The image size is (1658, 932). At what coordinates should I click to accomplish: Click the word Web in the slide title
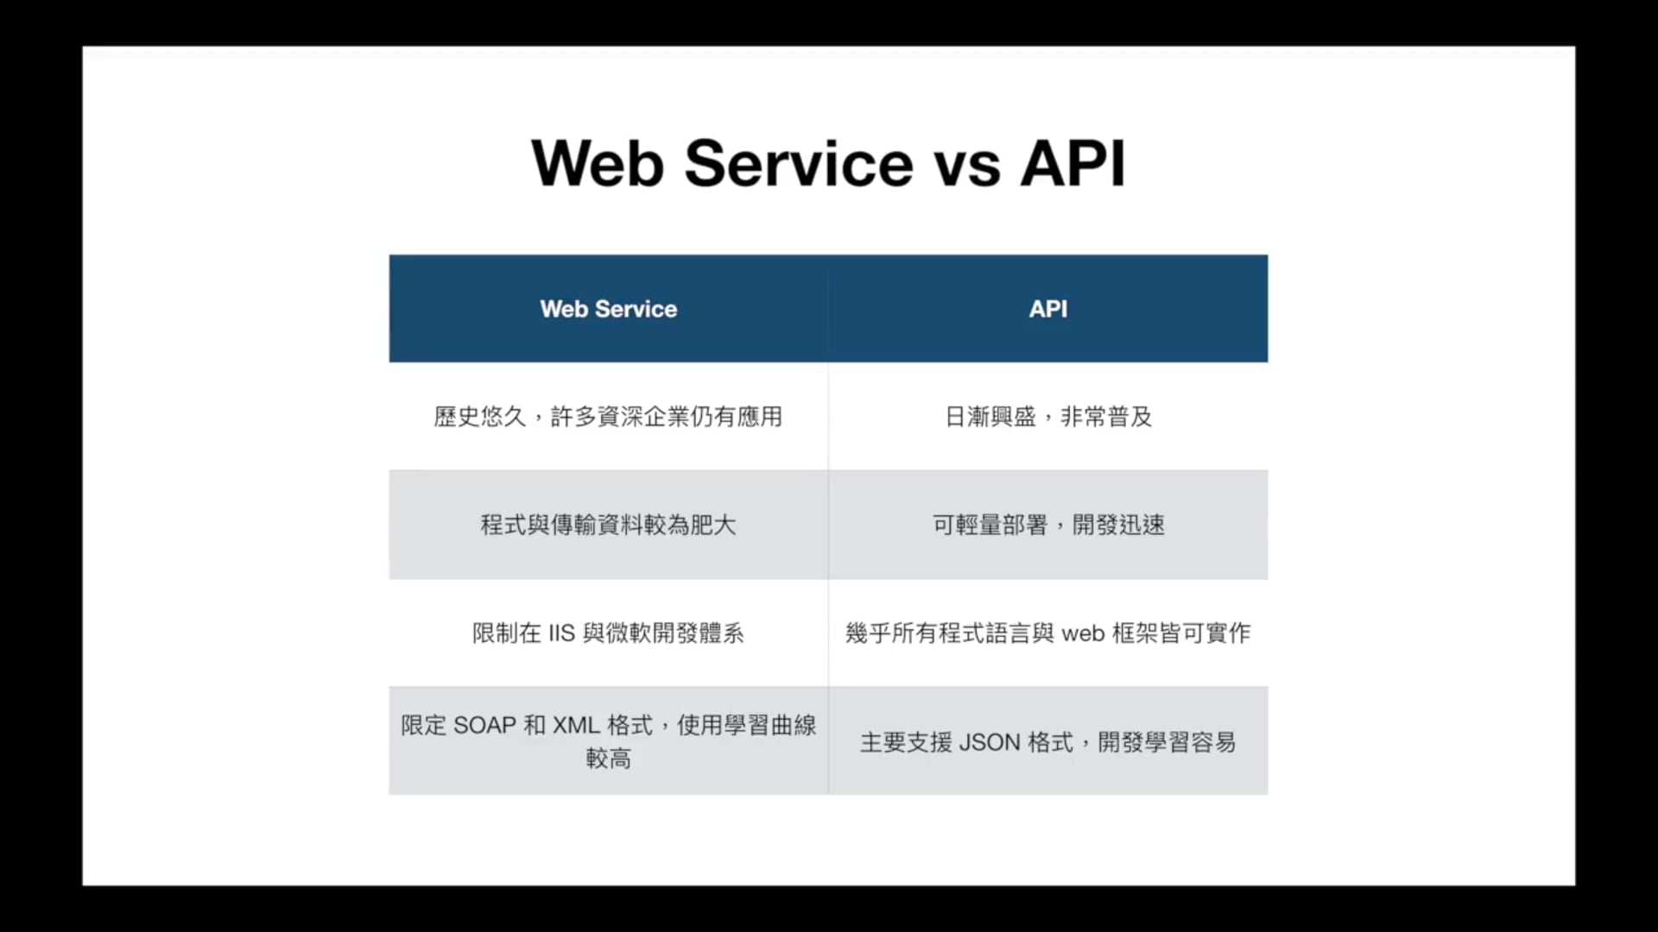[x=598, y=163]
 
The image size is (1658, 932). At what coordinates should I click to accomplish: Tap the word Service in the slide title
[x=799, y=163]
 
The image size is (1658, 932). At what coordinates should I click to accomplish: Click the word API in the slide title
[x=1073, y=163]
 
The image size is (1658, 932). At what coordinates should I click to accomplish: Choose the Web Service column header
[x=609, y=309]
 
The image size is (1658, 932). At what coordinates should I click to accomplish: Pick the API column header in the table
[x=1048, y=309]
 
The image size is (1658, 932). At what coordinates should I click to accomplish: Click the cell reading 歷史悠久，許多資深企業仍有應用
[x=608, y=417]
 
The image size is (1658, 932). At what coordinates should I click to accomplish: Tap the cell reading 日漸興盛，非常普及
[x=1048, y=417]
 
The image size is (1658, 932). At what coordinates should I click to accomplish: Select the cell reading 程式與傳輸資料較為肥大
[x=608, y=525]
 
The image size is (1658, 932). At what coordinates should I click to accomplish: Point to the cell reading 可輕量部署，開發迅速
[x=1048, y=525]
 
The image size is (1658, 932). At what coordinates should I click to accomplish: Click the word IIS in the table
[x=561, y=633]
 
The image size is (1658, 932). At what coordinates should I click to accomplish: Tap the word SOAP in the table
[x=484, y=725]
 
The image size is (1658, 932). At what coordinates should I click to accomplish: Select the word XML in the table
[x=576, y=725]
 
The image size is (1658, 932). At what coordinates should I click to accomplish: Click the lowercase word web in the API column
[x=1083, y=634]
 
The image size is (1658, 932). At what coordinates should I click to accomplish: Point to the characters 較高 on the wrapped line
[x=609, y=759]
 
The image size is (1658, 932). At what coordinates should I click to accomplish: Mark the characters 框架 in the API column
[x=1135, y=633]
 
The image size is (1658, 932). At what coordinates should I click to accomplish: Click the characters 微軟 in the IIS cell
[x=629, y=633]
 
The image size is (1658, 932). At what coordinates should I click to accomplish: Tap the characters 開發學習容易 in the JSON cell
[x=1167, y=742]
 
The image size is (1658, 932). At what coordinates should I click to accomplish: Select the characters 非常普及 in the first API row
[x=1106, y=417]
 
